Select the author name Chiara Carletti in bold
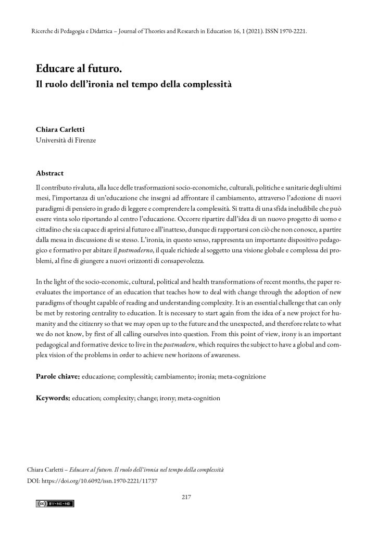pyautogui.click(x=61, y=130)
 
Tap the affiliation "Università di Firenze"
pyautogui.click(x=66, y=141)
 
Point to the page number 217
pyautogui.click(x=188, y=496)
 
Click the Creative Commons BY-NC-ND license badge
pyautogui.click(x=55, y=504)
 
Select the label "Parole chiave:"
pyautogui.click(x=58, y=376)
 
